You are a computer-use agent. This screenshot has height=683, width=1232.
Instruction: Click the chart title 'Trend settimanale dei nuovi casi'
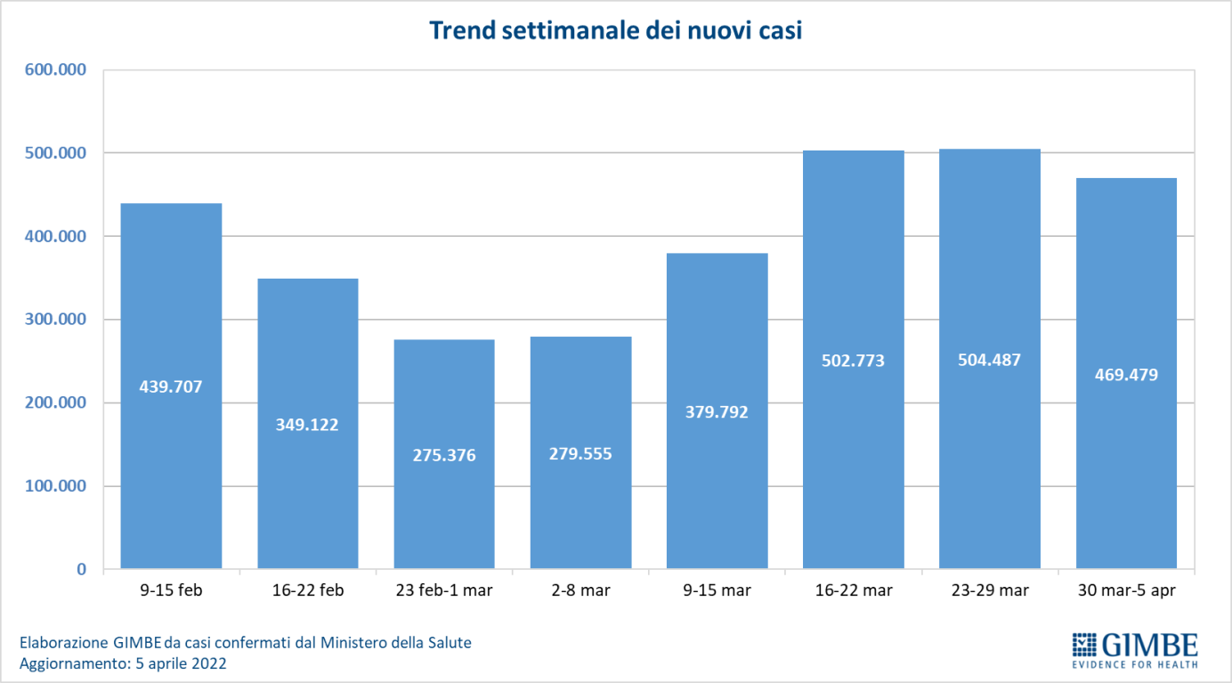point(616,30)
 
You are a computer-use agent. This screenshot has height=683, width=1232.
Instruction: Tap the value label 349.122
point(307,425)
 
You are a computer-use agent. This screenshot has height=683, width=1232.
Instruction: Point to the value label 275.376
point(444,455)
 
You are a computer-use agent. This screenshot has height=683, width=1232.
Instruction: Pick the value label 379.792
point(717,412)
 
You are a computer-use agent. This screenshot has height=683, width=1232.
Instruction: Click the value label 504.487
point(990,361)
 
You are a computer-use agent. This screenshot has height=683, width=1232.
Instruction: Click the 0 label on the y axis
point(81,570)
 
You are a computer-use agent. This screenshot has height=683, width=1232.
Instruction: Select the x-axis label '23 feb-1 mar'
point(444,590)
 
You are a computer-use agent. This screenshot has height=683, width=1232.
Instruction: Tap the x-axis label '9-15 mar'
point(717,590)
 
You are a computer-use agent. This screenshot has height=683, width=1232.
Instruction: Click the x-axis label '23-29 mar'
point(990,590)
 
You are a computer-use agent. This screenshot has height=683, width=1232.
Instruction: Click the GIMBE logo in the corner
point(1134,649)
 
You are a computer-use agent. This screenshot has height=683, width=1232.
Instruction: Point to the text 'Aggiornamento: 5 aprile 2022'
point(123,663)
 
